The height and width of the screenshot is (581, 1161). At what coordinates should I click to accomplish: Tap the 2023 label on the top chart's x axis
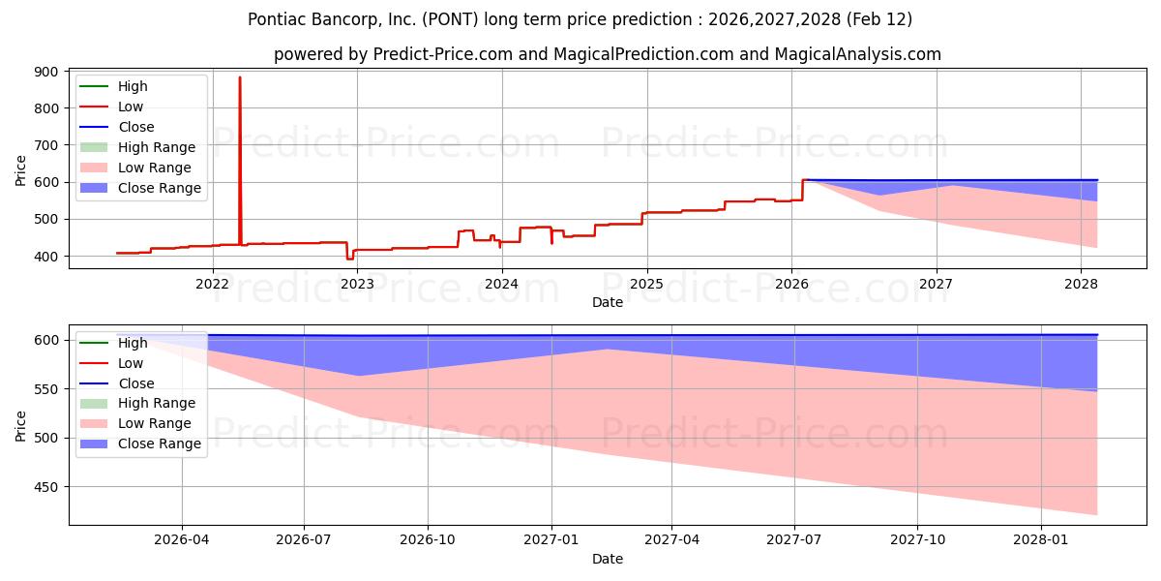coord(357,284)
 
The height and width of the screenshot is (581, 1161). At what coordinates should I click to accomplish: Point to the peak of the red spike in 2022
coord(240,77)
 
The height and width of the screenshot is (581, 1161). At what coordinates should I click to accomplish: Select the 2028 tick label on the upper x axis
coord(1081,284)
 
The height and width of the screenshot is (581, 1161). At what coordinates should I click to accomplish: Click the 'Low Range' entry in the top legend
coord(155,168)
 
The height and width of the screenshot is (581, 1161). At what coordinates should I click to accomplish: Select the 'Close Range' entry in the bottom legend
coord(160,443)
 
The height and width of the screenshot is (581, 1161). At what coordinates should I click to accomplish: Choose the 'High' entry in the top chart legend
coord(133,86)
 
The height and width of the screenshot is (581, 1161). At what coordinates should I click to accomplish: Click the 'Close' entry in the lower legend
coord(135,383)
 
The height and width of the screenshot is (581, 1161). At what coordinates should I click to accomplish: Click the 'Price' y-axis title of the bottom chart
coord(21,425)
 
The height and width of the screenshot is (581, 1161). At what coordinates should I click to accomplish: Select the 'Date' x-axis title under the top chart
coord(607,302)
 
